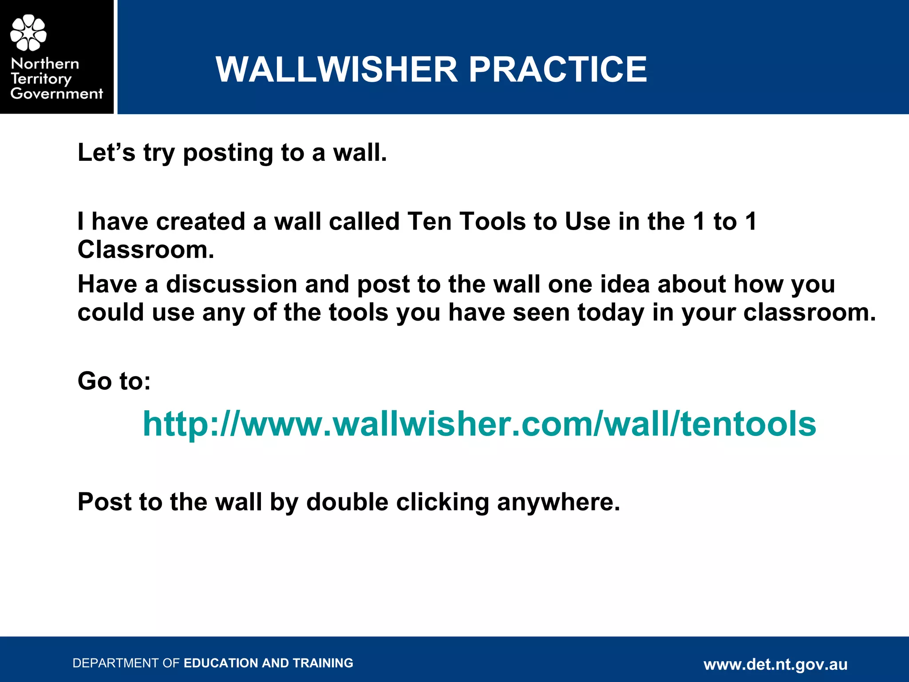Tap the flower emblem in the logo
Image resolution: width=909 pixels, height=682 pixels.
28,32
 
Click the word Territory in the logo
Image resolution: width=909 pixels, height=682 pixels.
41,79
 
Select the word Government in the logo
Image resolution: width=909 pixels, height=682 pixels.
57,94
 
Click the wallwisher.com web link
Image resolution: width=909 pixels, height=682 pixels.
479,424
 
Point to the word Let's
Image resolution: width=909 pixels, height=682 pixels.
107,152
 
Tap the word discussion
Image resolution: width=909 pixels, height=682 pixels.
231,284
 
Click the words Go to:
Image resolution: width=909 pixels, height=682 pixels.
114,381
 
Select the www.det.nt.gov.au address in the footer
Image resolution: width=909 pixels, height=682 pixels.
775,664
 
